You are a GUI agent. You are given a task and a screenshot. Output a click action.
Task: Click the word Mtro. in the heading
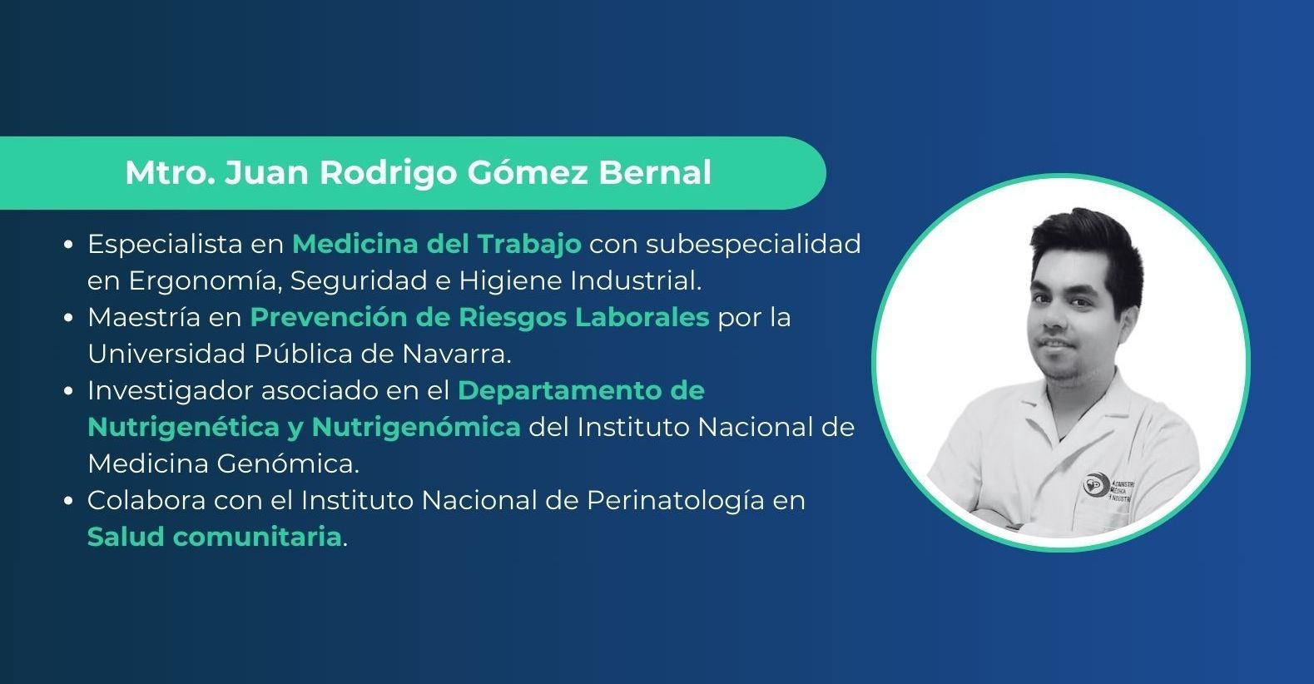point(170,173)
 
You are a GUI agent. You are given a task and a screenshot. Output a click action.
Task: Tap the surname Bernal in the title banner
point(655,172)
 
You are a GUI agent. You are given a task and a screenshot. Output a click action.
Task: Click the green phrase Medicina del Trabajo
point(437,245)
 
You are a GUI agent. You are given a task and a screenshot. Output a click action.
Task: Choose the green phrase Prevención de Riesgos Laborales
point(480,318)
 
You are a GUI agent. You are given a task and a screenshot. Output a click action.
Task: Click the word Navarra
point(456,354)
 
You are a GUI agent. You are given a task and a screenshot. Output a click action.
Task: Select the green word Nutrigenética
point(184,428)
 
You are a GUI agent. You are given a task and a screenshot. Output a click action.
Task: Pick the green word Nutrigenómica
point(416,428)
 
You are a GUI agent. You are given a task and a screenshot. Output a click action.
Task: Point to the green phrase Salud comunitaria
point(215,538)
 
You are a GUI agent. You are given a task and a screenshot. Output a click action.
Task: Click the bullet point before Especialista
point(68,245)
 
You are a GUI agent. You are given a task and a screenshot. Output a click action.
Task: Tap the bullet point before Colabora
point(68,502)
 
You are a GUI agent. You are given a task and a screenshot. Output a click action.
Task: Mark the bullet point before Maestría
point(68,318)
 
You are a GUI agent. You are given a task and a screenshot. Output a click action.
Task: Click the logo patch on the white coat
point(1108,487)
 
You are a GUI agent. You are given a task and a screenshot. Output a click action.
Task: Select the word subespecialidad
point(753,245)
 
